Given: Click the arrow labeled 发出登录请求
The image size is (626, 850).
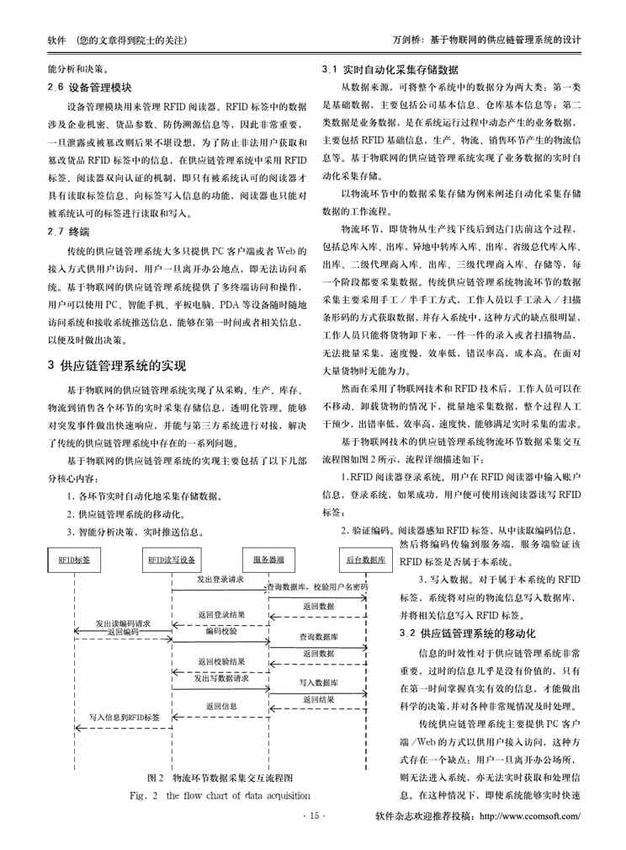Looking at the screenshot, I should point(220,589).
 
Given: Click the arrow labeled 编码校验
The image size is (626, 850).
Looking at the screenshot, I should point(220,639).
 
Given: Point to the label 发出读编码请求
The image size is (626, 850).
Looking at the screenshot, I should point(123,623).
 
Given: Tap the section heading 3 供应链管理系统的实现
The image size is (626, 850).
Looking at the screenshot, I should point(117,365).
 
